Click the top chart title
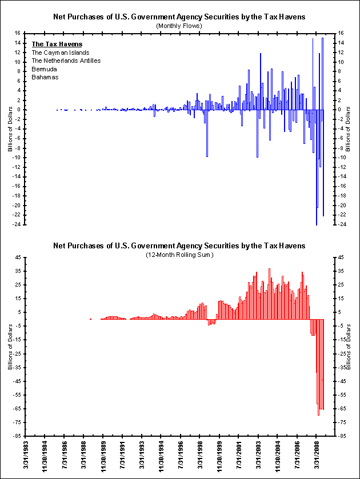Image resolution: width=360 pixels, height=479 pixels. click(x=179, y=17)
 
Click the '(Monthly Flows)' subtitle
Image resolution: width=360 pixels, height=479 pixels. click(x=179, y=26)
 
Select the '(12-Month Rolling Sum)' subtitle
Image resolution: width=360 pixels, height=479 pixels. click(x=179, y=255)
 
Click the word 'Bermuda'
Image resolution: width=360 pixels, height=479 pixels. click(x=45, y=69)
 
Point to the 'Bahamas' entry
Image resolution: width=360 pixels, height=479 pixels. click(x=45, y=77)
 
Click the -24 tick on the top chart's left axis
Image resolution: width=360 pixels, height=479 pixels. click(x=19, y=224)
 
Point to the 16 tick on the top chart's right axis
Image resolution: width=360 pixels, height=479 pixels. click(x=341, y=33)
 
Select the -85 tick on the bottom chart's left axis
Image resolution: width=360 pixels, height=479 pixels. click(x=19, y=436)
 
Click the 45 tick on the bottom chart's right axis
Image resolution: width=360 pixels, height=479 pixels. click(x=341, y=257)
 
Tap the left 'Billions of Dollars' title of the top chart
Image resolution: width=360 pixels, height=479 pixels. click(x=10, y=128)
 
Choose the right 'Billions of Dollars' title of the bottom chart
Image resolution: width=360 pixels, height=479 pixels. click(x=350, y=347)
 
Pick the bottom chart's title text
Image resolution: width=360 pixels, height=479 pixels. click(x=179, y=245)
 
